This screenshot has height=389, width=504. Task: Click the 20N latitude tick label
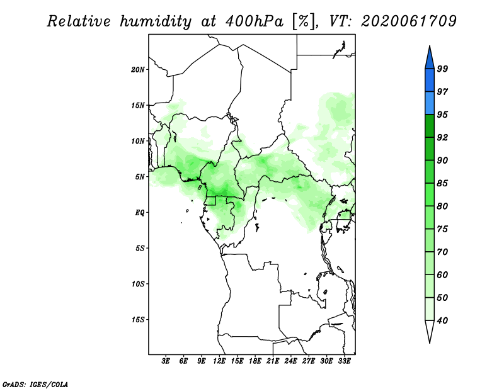[138, 70]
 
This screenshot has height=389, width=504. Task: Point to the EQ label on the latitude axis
[140, 213]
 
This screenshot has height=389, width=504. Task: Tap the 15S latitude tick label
[138, 320]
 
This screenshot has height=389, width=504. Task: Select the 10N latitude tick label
[138, 141]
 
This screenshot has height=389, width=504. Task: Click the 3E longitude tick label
[166, 361]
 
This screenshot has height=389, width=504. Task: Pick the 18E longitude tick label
[255, 361]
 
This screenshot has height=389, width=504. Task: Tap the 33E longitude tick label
[344, 361]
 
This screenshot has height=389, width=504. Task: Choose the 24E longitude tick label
[290, 361]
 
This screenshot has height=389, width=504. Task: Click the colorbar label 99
[442, 69]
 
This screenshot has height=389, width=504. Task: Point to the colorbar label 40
[442, 320]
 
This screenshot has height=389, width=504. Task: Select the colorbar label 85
[442, 183]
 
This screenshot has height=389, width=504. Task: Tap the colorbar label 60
[442, 274]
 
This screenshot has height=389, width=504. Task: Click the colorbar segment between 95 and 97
[430, 103]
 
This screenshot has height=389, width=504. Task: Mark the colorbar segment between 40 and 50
[430, 309]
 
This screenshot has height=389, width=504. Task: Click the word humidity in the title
[156, 22]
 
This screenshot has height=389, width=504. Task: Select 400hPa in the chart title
[255, 21]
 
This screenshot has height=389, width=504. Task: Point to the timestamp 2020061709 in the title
[408, 21]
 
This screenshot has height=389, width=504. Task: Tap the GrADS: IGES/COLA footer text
[35, 385]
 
